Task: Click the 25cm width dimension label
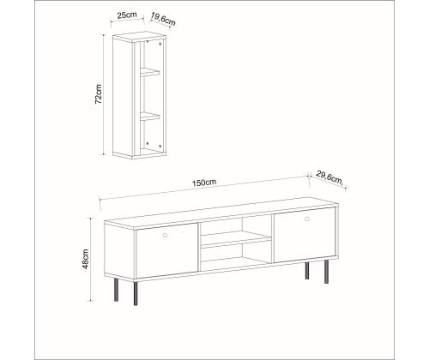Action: pyautogui.click(x=127, y=15)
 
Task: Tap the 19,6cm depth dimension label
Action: pyautogui.click(x=163, y=19)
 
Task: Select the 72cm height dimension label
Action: pyautogui.click(x=99, y=93)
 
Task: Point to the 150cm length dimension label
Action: pyautogui.click(x=204, y=183)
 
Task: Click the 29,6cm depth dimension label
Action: pyautogui.click(x=329, y=177)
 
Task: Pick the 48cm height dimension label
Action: pyautogui.click(x=86, y=259)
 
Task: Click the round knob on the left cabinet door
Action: pyautogui.click(x=165, y=235)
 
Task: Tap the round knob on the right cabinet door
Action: pyautogui.click(x=307, y=219)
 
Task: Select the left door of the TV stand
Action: pyautogui.click(x=166, y=250)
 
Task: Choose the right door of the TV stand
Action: pyautogui.click(x=305, y=235)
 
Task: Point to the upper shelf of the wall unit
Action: pyautogui.click(x=149, y=72)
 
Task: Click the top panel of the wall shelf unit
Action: pyautogui.click(x=140, y=36)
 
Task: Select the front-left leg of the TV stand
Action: pyautogui.click(x=136, y=294)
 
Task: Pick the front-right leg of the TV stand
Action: pyautogui.click(x=326, y=272)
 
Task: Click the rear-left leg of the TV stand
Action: pyautogui.click(x=116, y=290)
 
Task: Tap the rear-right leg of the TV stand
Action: pyautogui.click(x=307, y=271)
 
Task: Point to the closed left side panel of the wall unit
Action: pyautogui.click(x=124, y=97)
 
